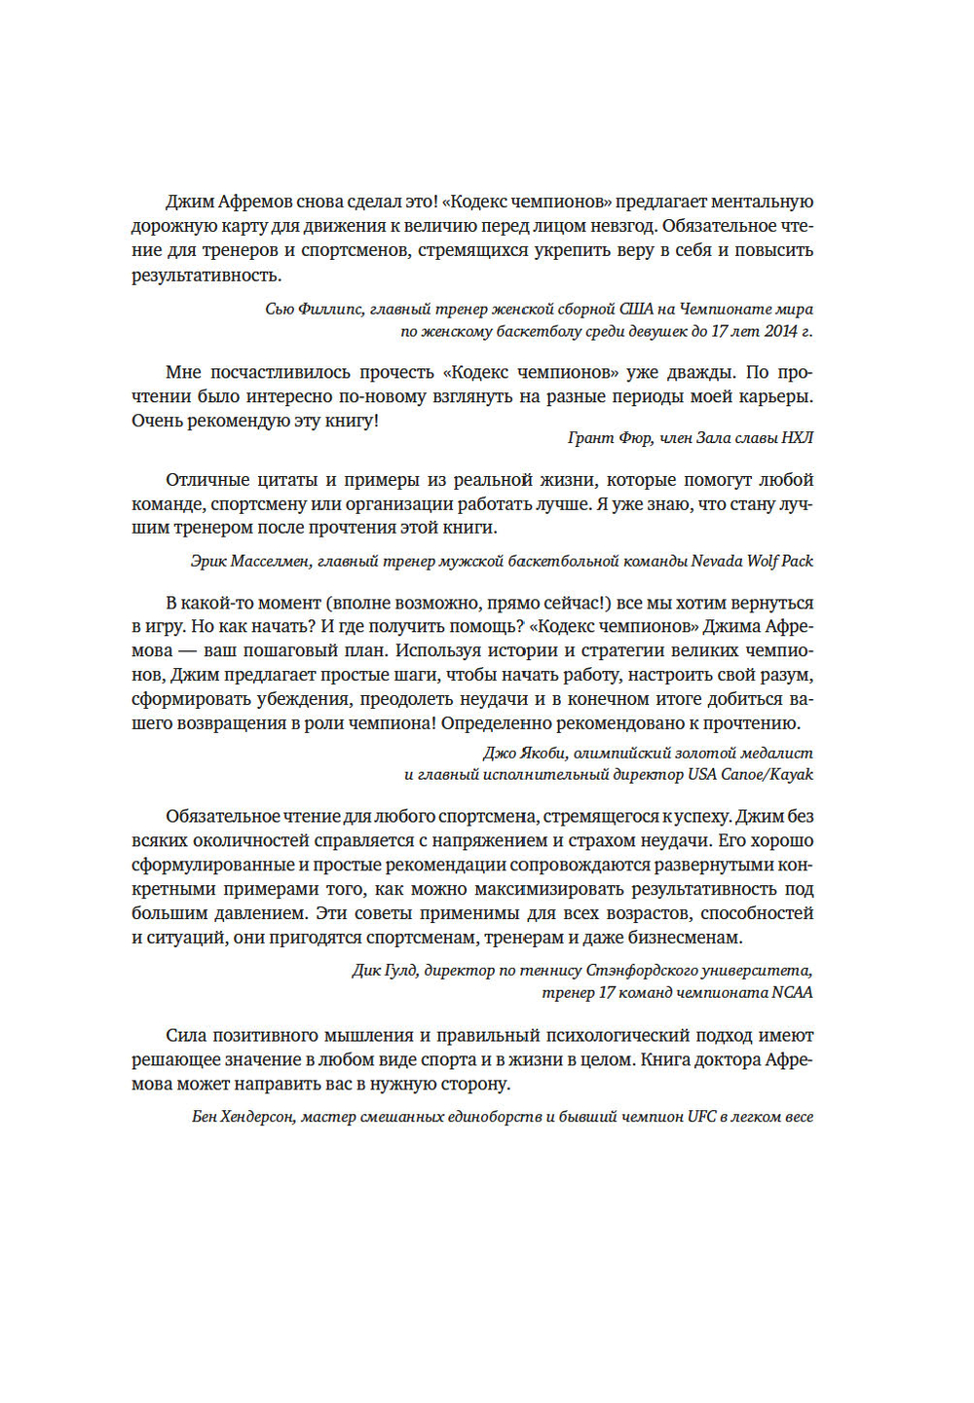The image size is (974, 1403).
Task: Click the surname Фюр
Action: point(635,438)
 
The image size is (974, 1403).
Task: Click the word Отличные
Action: point(205,480)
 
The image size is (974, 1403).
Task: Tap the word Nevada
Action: point(715,561)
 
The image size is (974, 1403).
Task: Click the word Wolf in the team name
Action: point(763,561)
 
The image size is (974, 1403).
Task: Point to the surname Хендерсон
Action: point(257,1117)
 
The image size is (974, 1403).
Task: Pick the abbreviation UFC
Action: point(701,1117)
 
